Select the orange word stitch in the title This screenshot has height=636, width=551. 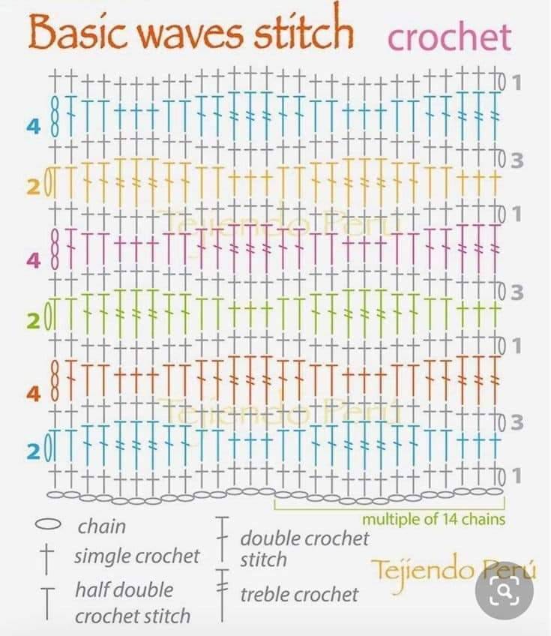point(304,28)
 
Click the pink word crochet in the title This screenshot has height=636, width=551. point(449,37)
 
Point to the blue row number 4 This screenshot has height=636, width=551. point(34,126)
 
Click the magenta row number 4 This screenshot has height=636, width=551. point(34,260)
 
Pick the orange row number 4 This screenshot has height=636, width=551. point(34,394)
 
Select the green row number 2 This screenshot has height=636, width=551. point(34,321)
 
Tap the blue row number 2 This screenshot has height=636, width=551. point(34,451)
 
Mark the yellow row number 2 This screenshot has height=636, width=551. point(34,187)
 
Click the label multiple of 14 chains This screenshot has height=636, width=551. point(433,519)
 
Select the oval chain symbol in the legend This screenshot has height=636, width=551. point(48,524)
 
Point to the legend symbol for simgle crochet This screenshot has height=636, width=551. point(47,559)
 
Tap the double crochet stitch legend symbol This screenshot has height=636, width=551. point(222,539)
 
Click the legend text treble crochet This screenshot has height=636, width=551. point(299,595)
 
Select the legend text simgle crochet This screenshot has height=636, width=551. point(136,556)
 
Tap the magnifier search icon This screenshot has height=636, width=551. point(505,591)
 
